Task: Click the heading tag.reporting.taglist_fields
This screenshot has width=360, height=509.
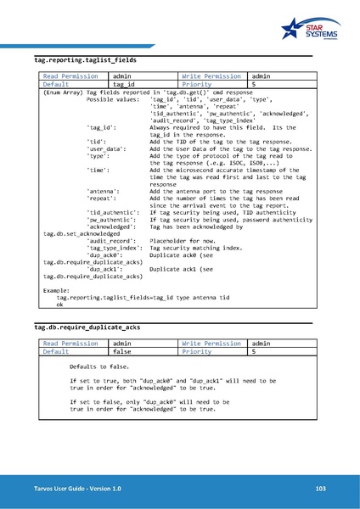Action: click(80, 61)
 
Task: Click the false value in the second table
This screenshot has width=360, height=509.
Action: click(122, 374)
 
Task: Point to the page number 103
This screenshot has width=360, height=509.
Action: click(320, 489)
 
